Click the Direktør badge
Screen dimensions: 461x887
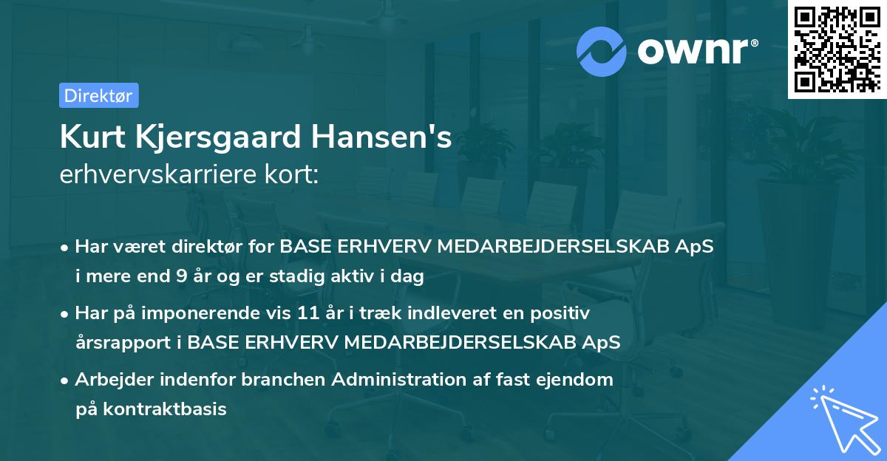[98, 95]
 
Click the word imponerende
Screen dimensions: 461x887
[188, 313]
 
